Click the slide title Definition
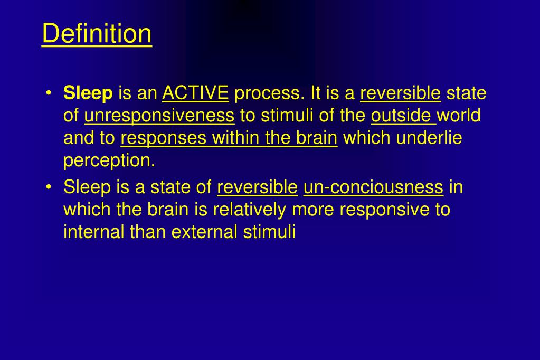pyautogui.click(x=97, y=34)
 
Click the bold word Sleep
pyautogui.click(x=88, y=94)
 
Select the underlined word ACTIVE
pyautogui.click(x=195, y=94)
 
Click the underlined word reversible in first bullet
pyautogui.click(x=400, y=94)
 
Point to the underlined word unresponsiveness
pyautogui.click(x=159, y=116)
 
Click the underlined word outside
pyautogui.click(x=402, y=116)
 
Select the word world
pyautogui.click(x=459, y=116)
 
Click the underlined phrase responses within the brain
pyautogui.click(x=229, y=138)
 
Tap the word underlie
pyautogui.click(x=429, y=138)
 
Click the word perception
pyautogui.click(x=109, y=160)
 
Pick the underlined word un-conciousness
pyautogui.click(x=373, y=187)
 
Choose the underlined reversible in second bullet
pyautogui.click(x=257, y=187)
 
